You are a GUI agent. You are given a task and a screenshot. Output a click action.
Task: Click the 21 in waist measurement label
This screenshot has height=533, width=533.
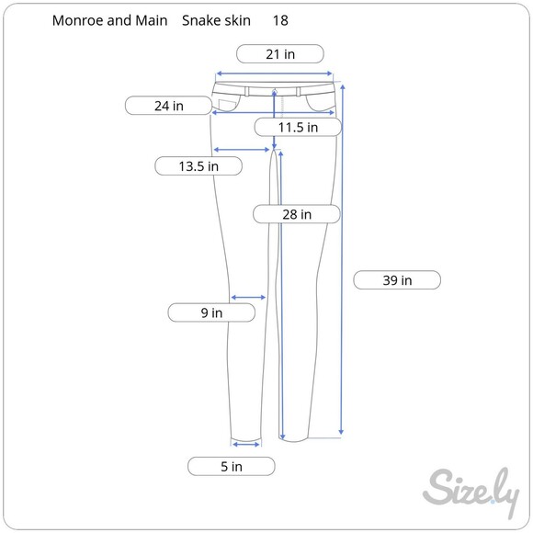[x=280, y=53]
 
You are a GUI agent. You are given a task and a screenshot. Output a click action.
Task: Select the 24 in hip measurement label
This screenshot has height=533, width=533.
[x=168, y=106]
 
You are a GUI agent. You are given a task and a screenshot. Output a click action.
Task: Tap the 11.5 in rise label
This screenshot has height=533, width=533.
[x=298, y=127]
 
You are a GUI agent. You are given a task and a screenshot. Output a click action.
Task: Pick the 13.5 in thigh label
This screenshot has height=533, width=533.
[x=198, y=166]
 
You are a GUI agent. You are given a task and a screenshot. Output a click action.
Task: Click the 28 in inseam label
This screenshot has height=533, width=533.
[x=297, y=214]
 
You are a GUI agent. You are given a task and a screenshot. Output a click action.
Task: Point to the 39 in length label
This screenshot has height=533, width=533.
[x=397, y=280]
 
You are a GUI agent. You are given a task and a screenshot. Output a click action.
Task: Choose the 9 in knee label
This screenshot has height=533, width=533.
[x=211, y=312]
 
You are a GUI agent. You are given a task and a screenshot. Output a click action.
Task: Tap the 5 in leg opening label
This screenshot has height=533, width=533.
[x=232, y=467]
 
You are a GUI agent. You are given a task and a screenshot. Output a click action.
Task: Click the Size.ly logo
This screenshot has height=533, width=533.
[x=471, y=492]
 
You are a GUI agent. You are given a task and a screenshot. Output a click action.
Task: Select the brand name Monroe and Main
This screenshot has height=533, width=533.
[x=109, y=20]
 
